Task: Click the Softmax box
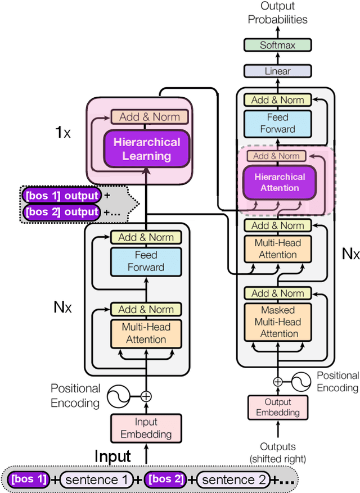[x=277, y=45]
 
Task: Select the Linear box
[x=277, y=71]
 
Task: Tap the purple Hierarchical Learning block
[x=146, y=149]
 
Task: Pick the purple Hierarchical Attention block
[x=280, y=182]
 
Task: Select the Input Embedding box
[x=146, y=428]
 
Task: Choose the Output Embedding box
[x=278, y=408]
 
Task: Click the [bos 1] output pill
[x=62, y=196]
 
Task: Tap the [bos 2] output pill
[x=62, y=212]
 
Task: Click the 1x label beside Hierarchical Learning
[x=62, y=133]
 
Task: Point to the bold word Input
[x=112, y=456]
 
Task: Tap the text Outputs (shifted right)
[x=278, y=453]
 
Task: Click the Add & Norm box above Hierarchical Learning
[x=146, y=117]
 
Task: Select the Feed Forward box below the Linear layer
[x=277, y=123]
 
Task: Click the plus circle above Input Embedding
[x=146, y=396]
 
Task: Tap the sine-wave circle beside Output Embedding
[x=299, y=382]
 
